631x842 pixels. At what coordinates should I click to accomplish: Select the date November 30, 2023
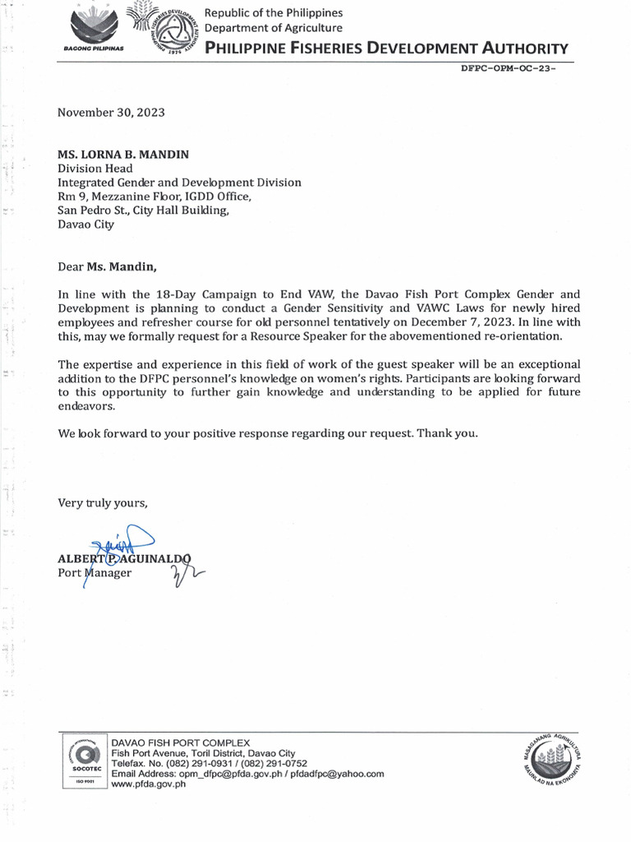pos(111,113)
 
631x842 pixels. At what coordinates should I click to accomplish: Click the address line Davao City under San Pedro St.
pos(85,224)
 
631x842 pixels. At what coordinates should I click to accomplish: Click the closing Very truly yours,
pos(103,503)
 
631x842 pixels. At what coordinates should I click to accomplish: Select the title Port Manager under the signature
pos(94,572)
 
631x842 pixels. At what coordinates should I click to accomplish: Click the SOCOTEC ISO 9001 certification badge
pos(81,761)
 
